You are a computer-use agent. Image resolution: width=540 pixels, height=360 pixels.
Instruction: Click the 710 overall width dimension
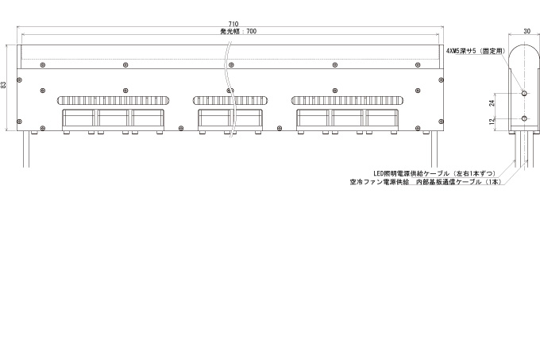pos(233,24)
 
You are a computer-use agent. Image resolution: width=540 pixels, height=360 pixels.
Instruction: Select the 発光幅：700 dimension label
pos(238,31)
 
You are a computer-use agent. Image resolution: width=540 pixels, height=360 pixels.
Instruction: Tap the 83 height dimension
pos(3,85)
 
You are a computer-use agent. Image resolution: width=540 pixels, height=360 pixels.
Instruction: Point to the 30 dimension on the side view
pos(526,31)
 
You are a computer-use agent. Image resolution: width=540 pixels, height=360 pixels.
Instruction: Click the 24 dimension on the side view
pos(492,103)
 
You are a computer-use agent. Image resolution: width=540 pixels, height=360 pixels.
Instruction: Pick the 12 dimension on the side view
pos(492,121)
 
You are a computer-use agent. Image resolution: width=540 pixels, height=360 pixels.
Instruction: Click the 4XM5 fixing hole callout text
pos(476,51)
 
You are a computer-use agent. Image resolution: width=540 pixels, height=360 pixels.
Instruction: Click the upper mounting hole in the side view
pos(524,93)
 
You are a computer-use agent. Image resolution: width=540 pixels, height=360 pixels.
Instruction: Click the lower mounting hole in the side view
pos(524,118)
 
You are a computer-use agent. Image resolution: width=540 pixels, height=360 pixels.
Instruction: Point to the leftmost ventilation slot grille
pos(114,101)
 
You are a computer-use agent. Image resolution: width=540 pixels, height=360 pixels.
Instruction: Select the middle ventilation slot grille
pos(230,101)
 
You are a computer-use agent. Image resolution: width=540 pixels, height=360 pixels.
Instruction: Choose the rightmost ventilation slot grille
pos(348,101)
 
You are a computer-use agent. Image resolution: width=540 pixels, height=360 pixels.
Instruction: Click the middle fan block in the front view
pos(230,120)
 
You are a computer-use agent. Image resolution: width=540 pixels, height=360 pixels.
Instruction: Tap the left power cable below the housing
pos(26,149)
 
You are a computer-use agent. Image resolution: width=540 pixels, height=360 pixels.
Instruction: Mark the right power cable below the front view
pos(434,149)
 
